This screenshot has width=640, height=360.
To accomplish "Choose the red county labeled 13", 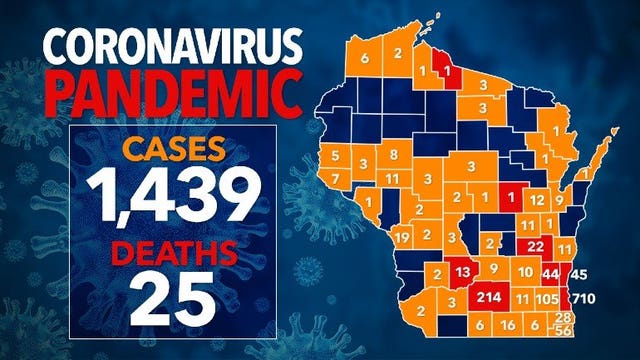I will point(463,272).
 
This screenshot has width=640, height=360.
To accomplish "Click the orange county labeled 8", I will point(394,154).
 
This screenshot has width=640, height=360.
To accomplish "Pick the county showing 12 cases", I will point(538,200).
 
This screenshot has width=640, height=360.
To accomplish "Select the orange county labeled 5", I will point(335,155).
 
